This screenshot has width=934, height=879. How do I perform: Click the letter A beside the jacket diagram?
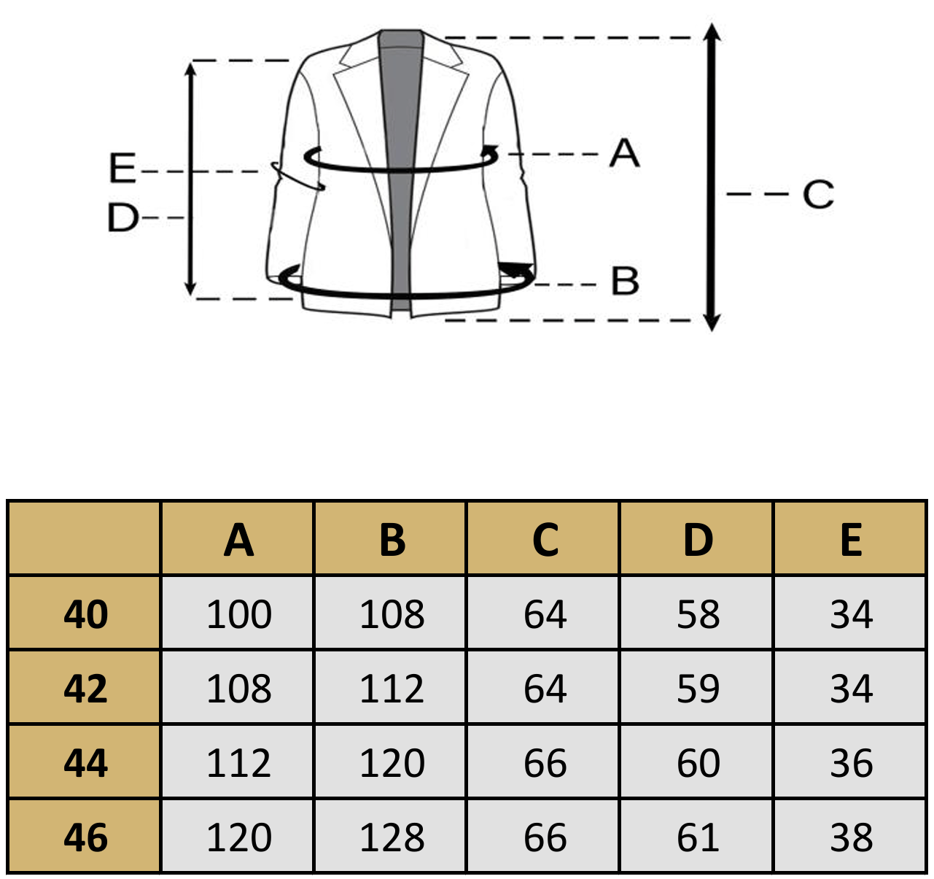(x=624, y=152)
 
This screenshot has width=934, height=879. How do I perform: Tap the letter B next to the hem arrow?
(x=625, y=281)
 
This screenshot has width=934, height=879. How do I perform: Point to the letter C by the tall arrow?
(x=818, y=193)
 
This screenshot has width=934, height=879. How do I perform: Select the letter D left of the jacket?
(x=123, y=217)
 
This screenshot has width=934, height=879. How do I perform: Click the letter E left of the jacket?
(x=122, y=168)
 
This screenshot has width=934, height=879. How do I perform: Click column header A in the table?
(x=238, y=540)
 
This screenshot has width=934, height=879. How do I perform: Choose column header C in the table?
(x=545, y=540)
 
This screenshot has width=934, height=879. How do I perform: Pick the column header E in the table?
(x=851, y=540)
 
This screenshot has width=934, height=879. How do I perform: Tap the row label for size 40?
(x=85, y=614)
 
